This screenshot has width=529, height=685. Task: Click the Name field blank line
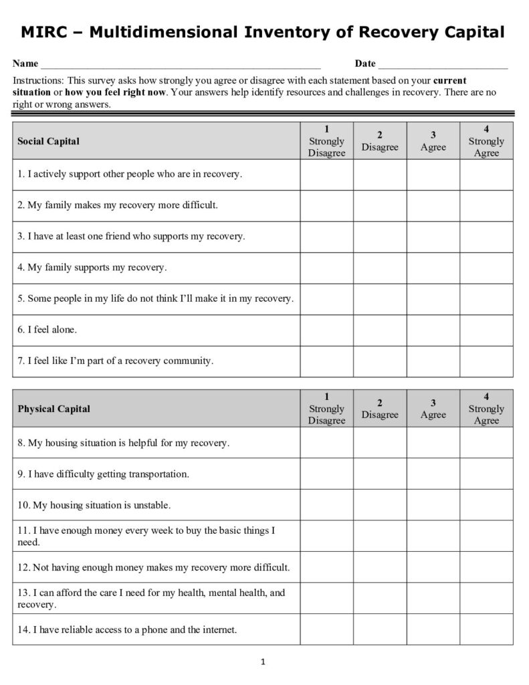coord(181,66)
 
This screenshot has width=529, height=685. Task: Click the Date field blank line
coord(443,66)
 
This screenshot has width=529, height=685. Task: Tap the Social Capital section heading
coord(48,141)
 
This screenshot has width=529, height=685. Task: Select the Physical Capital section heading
coord(54,409)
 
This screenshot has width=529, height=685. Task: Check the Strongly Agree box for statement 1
coord(486,175)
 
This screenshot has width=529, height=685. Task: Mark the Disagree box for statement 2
coord(380,205)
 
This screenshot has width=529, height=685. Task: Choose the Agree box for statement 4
coord(433,268)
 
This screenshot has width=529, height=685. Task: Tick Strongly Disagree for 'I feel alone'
coord(326,330)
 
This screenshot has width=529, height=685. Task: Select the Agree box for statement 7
coord(433,361)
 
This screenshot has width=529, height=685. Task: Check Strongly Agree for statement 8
coord(486,443)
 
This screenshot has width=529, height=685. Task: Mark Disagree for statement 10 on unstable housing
coord(380,505)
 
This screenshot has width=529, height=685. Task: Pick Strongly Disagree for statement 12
coord(326,567)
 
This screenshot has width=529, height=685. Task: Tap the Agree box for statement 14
coord(433,629)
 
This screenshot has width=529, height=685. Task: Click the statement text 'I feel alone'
coord(47,330)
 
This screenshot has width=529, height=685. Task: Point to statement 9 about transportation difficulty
coord(104,474)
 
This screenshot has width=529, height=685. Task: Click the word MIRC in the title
coord(46,31)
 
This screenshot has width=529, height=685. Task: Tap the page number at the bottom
coord(263,662)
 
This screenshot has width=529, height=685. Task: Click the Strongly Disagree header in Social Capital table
coord(326,141)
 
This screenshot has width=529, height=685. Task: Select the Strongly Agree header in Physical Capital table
coord(486,409)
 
